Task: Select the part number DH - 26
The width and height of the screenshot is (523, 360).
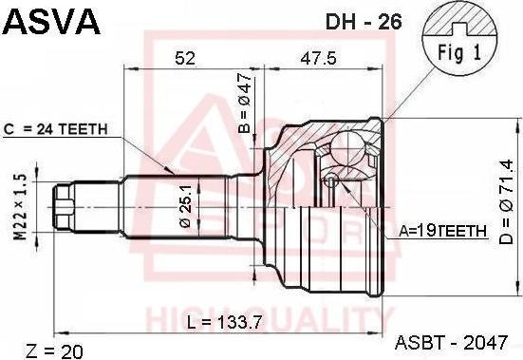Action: click(x=364, y=20)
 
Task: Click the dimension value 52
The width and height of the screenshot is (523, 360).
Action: click(x=185, y=59)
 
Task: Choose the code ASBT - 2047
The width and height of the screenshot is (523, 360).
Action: click(x=458, y=342)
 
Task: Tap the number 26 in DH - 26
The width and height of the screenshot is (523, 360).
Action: click(x=390, y=20)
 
